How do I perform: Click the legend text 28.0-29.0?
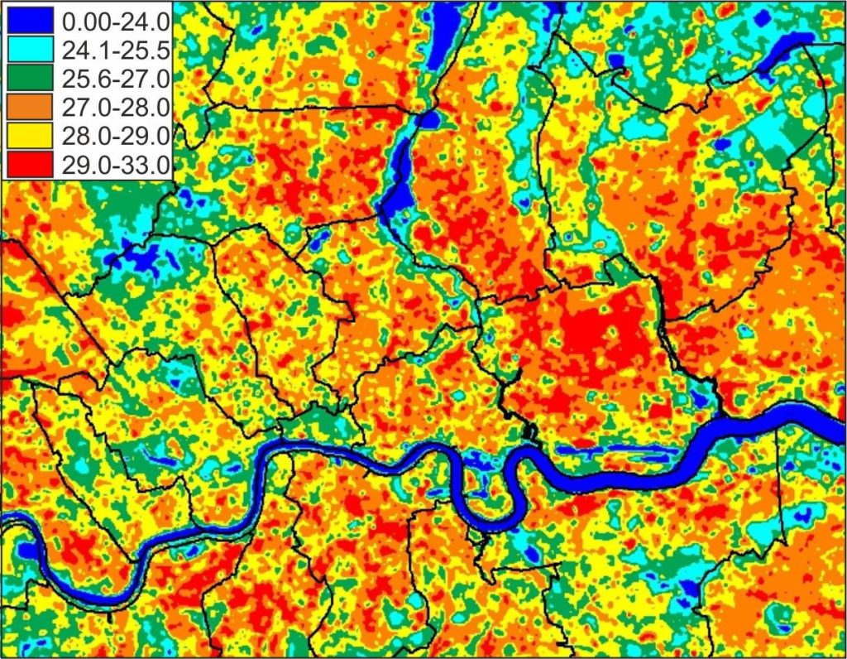pyautogui.click(x=115, y=136)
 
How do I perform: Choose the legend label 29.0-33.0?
pyautogui.click(x=115, y=164)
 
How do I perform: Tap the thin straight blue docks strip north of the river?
pyautogui.click(x=612, y=450)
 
